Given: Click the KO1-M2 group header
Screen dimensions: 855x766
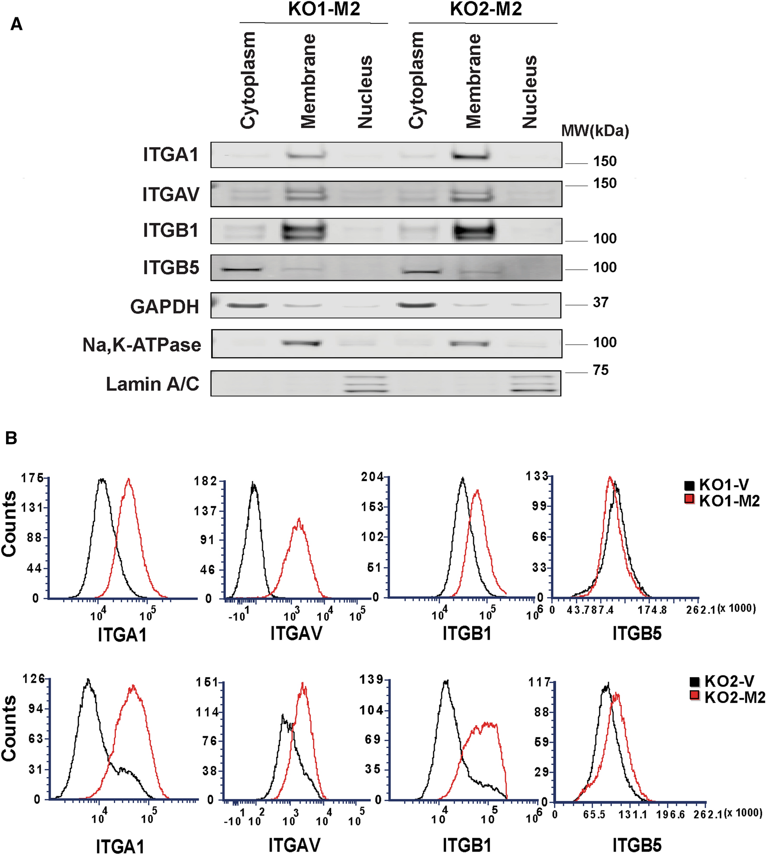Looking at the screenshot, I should (x=324, y=10).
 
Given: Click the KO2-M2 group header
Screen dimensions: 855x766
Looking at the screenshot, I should (x=486, y=10).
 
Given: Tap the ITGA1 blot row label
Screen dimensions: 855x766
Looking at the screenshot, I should (x=171, y=155).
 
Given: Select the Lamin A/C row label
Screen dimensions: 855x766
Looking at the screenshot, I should (x=152, y=384).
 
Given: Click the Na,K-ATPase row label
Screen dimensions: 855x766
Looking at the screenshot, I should (x=142, y=345).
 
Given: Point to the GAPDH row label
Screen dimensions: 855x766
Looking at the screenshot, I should (x=164, y=307).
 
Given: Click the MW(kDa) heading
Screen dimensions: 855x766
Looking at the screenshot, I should (x=595, y=130).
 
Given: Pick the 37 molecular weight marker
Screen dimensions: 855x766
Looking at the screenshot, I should (x=601, y=302).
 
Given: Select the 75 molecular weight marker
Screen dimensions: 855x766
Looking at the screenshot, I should (x=601, y=370).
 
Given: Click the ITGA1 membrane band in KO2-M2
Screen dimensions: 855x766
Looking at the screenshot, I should (x=470, y=155).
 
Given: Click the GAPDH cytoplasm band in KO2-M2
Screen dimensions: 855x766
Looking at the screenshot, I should (x=416, y=305).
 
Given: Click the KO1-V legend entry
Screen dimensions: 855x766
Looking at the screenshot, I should (x=722, y=485).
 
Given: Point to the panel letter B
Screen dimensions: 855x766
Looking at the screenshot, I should (x=11, y=438).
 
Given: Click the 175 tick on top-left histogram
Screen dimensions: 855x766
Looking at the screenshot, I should (x=32, y=478).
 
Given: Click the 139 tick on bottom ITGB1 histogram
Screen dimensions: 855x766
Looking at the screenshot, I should (x=372, y=680).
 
